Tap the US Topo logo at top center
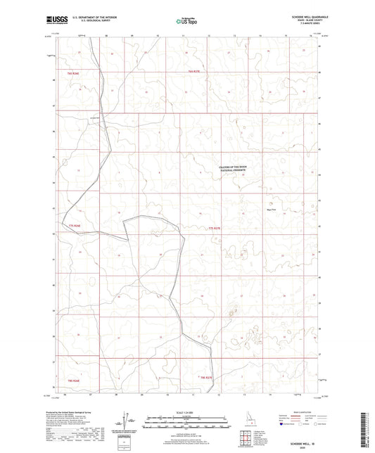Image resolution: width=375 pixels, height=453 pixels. tap(186, 21)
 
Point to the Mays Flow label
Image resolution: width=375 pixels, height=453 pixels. tap(271, 207)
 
